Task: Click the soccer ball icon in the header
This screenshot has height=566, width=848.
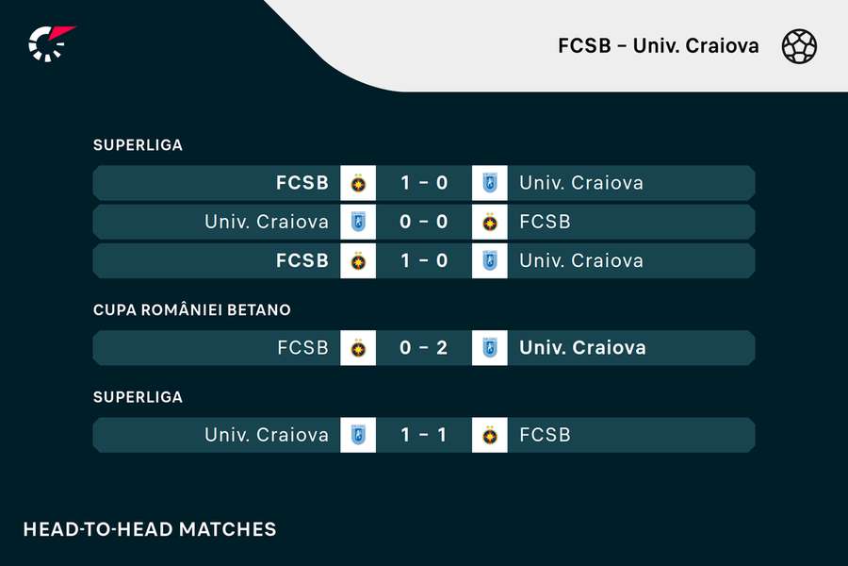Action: (x=799, y=46)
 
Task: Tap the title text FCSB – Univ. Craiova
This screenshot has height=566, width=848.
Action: (x=659, y=46)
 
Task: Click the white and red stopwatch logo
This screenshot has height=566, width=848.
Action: (x=51, y=43)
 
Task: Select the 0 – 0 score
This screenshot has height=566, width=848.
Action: (x=423, y=222)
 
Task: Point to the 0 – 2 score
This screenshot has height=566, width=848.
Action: (x=423, y=348)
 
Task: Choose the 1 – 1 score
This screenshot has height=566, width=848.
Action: (x=423, y=435)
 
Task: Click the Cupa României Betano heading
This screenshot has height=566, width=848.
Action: (x=192, y=309)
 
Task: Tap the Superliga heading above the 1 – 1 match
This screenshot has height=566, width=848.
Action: (x=138, y=397)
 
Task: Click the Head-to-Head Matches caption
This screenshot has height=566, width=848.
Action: (x=150, y=529)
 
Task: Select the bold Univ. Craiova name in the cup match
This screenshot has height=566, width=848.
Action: (x=582, y=348)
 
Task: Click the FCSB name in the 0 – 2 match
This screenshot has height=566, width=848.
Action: (x=302, y=348)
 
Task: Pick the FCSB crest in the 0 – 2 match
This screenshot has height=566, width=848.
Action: (x=358, y=348)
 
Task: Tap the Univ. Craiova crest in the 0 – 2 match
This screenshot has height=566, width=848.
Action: (x=489, y=348)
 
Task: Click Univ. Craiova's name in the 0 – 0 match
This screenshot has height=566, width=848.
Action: (x=267, y=222)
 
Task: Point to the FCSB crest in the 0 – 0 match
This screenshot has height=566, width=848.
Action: (x=489, y=222)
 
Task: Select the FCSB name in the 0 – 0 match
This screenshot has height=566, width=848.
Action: (x=546, y=222)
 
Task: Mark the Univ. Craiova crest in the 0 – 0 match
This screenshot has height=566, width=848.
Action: (x=358, y=222)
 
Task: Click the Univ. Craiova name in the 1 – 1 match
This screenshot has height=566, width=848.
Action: (x=267, y=435)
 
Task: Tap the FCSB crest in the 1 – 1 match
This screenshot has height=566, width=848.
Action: (x=489, y=435)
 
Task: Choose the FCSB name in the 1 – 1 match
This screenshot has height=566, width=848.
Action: (x=546, y=435)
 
